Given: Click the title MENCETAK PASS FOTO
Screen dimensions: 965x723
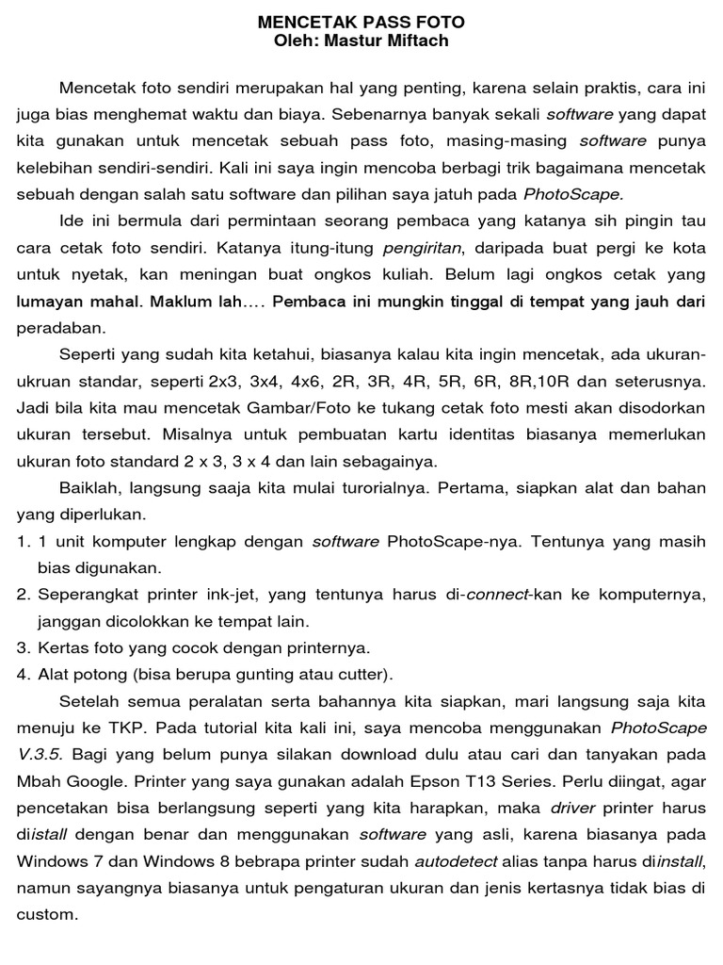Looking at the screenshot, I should pyautogui.click(x=361, y=22).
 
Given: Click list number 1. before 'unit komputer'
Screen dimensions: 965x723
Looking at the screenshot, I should pyautogui.click(x=24, y=542).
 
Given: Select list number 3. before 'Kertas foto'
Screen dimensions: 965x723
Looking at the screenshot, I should pyautogui.click(x=24, y=648).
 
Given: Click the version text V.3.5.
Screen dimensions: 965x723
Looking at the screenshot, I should pyautogui.click(x=40, y=755).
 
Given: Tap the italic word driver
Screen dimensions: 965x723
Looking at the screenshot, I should pyautogui.click(x=573, y=809).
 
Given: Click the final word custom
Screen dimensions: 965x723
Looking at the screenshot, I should pyautogui.click(x=44, y=914).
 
